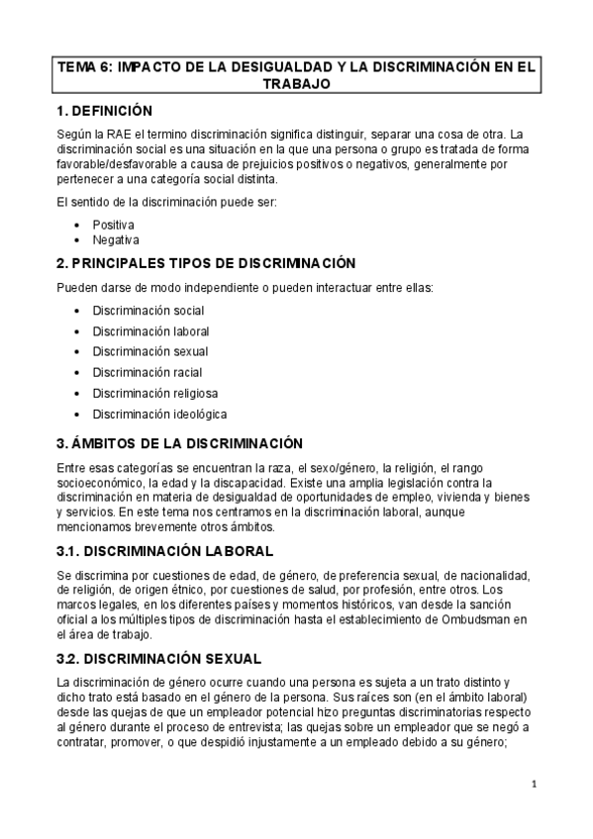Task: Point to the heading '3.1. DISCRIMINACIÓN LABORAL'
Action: click(x=165, y=549)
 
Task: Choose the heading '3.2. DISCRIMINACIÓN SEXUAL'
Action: click(x=159, y=657)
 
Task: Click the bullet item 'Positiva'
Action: click(x=113, y=225)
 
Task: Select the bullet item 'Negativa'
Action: click(x=116, y=239)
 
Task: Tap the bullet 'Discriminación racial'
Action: click(x=148, y=372)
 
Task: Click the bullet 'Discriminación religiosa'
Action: click(x=153, y=393)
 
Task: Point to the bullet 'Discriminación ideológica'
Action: click(x=159, y=414)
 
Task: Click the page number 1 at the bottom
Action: click(x=534, y=787)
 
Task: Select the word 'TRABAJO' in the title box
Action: click(x=295, y=85)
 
